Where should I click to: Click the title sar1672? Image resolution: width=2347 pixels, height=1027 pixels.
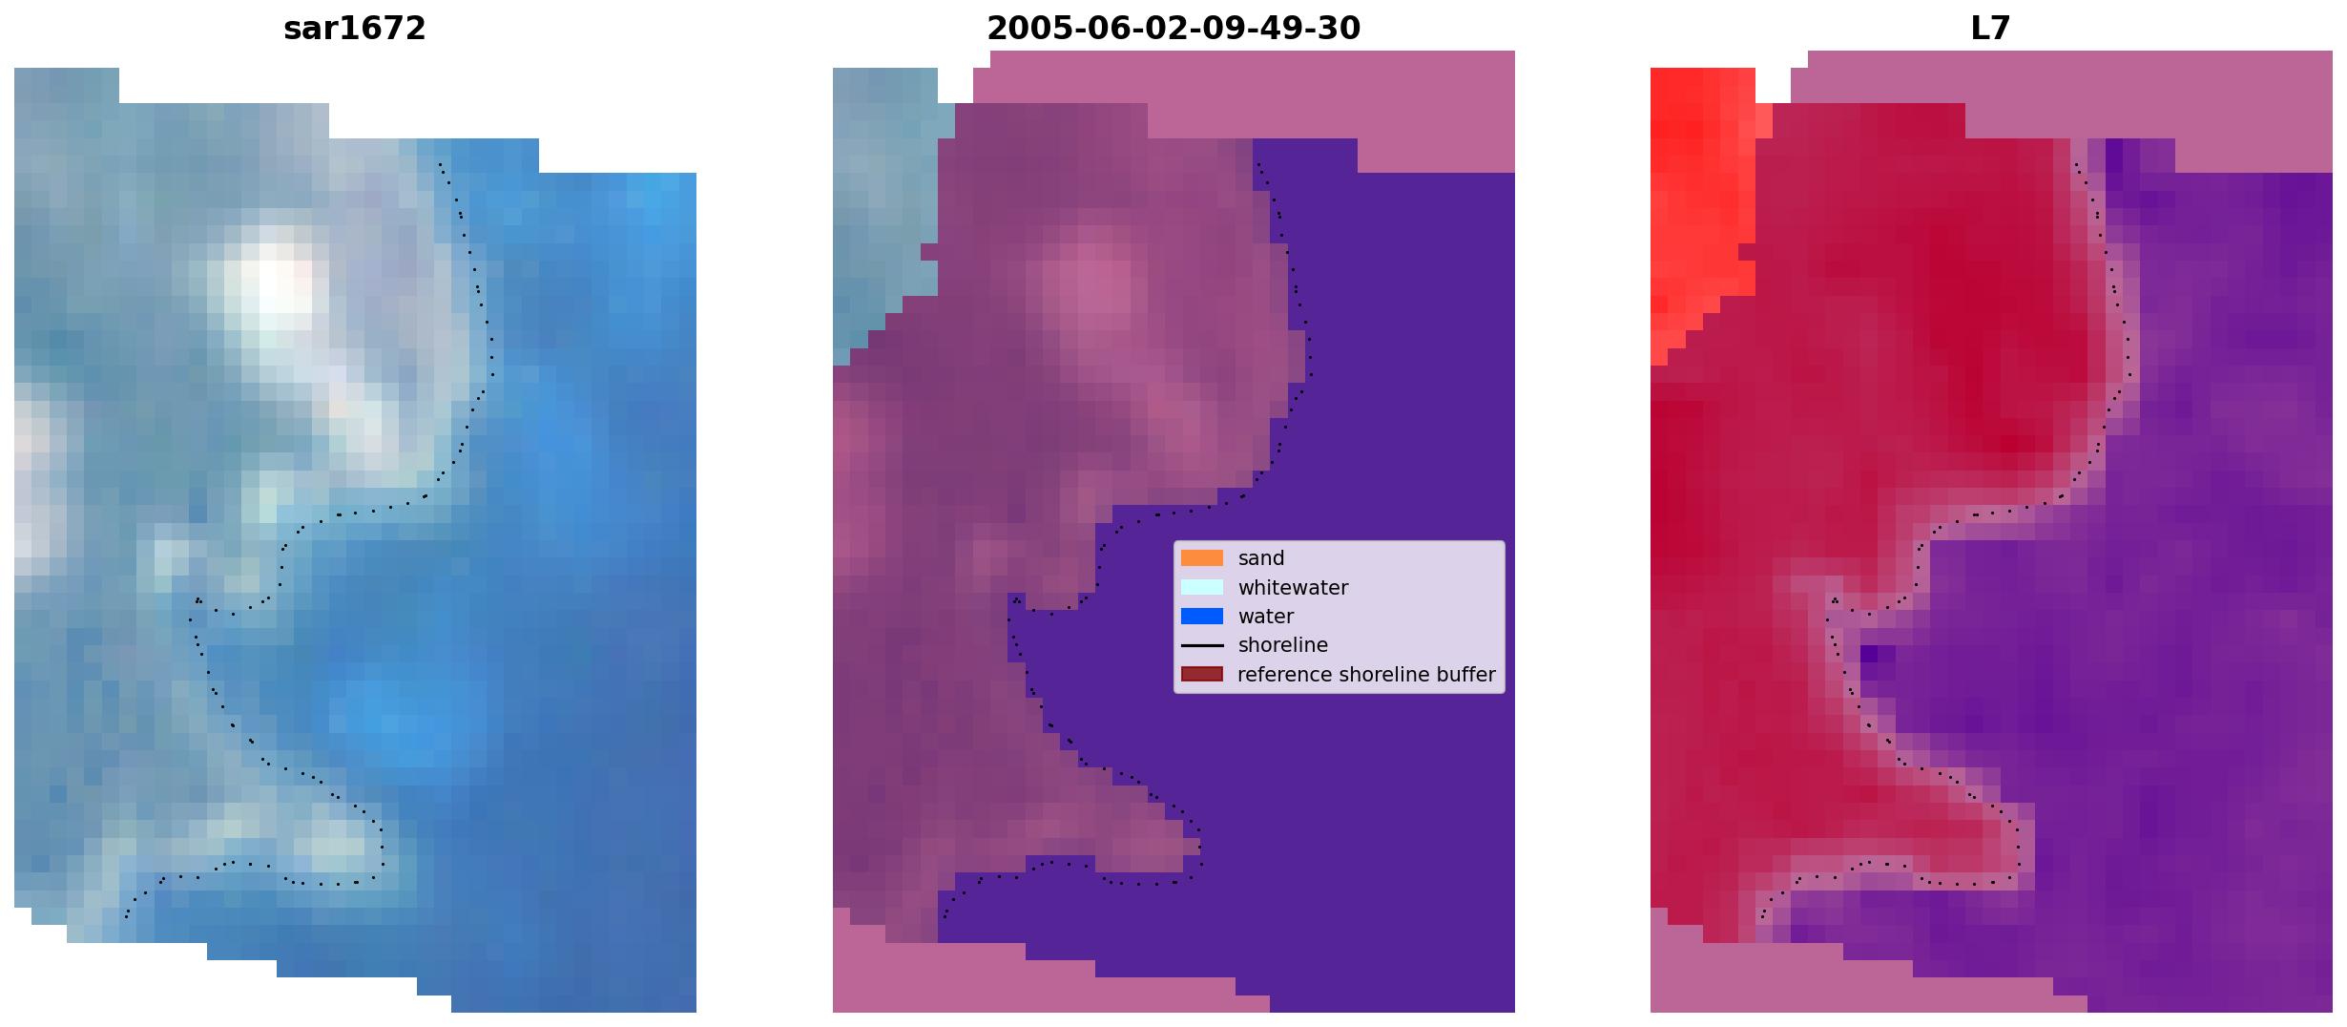[x=355, y=29]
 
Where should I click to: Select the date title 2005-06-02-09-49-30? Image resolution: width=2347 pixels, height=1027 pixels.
[x=1173, y=29]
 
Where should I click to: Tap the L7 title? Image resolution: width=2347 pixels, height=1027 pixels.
[x=1991, y=29]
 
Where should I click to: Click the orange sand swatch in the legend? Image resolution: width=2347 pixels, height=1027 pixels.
[x=1202, y=558]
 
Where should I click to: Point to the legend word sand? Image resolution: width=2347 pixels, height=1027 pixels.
[x=1261, y=558]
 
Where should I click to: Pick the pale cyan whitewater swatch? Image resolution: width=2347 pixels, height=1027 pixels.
[x=1202, y=587]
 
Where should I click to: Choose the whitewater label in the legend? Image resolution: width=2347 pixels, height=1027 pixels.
[x=1293, y=588]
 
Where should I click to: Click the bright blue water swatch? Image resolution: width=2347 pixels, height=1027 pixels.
[x=1202, y=617]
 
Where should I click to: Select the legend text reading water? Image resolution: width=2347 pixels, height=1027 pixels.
[x=1266, y=617]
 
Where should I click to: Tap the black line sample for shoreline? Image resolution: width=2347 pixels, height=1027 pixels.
[x=1202, y=645]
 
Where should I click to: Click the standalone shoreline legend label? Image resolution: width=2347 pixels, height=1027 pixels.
[x=1283, y=645]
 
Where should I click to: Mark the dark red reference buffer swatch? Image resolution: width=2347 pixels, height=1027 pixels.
[x=1202, y=674]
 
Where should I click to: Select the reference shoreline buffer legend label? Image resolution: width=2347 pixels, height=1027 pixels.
[x=1366, y=674]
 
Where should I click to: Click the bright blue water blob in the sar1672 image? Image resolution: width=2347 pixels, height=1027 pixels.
[x=396, y=721]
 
